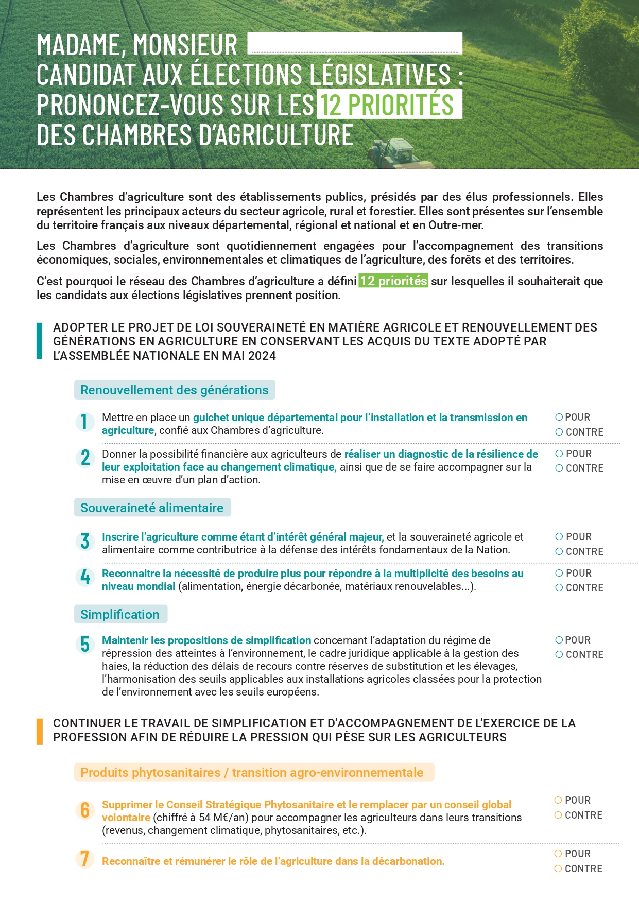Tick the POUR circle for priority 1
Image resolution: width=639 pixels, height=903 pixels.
tap(559, 417)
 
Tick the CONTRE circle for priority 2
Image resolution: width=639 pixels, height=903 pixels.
tap(559, 468)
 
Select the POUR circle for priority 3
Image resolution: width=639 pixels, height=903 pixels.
tap(559, 536)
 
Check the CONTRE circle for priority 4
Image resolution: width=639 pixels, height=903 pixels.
tap(559, 588)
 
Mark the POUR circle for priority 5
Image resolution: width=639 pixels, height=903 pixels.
tap(559, 640)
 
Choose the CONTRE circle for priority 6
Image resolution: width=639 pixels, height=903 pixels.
tap(558, 815)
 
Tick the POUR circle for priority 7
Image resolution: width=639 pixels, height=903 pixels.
tap(558, 854)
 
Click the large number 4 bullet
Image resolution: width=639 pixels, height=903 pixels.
tap(85, 577)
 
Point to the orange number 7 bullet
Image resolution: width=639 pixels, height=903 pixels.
tap(85, 859)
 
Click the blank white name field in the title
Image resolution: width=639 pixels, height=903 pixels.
tap(355, 43)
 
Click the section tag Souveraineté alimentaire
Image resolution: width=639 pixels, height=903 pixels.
tap(152, 508)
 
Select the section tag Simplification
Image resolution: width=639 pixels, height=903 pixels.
tap(120, 614)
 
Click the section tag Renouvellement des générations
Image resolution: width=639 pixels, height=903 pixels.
tap(175, 390)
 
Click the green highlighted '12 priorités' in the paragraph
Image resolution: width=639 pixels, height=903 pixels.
tap(393, 281)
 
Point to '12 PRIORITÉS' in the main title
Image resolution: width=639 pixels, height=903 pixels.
tap(388, 105)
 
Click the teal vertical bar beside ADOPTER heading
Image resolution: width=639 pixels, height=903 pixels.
tap(40, 341)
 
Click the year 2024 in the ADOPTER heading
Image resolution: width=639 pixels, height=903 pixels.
tap(262, 356)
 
